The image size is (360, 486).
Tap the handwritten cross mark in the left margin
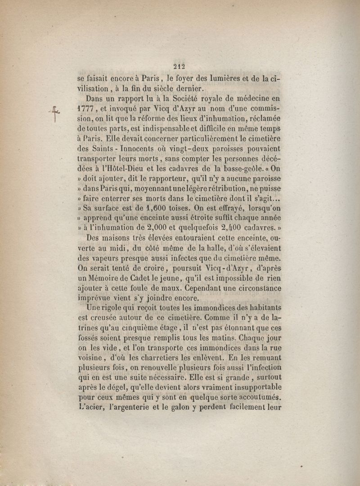(55, 114)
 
